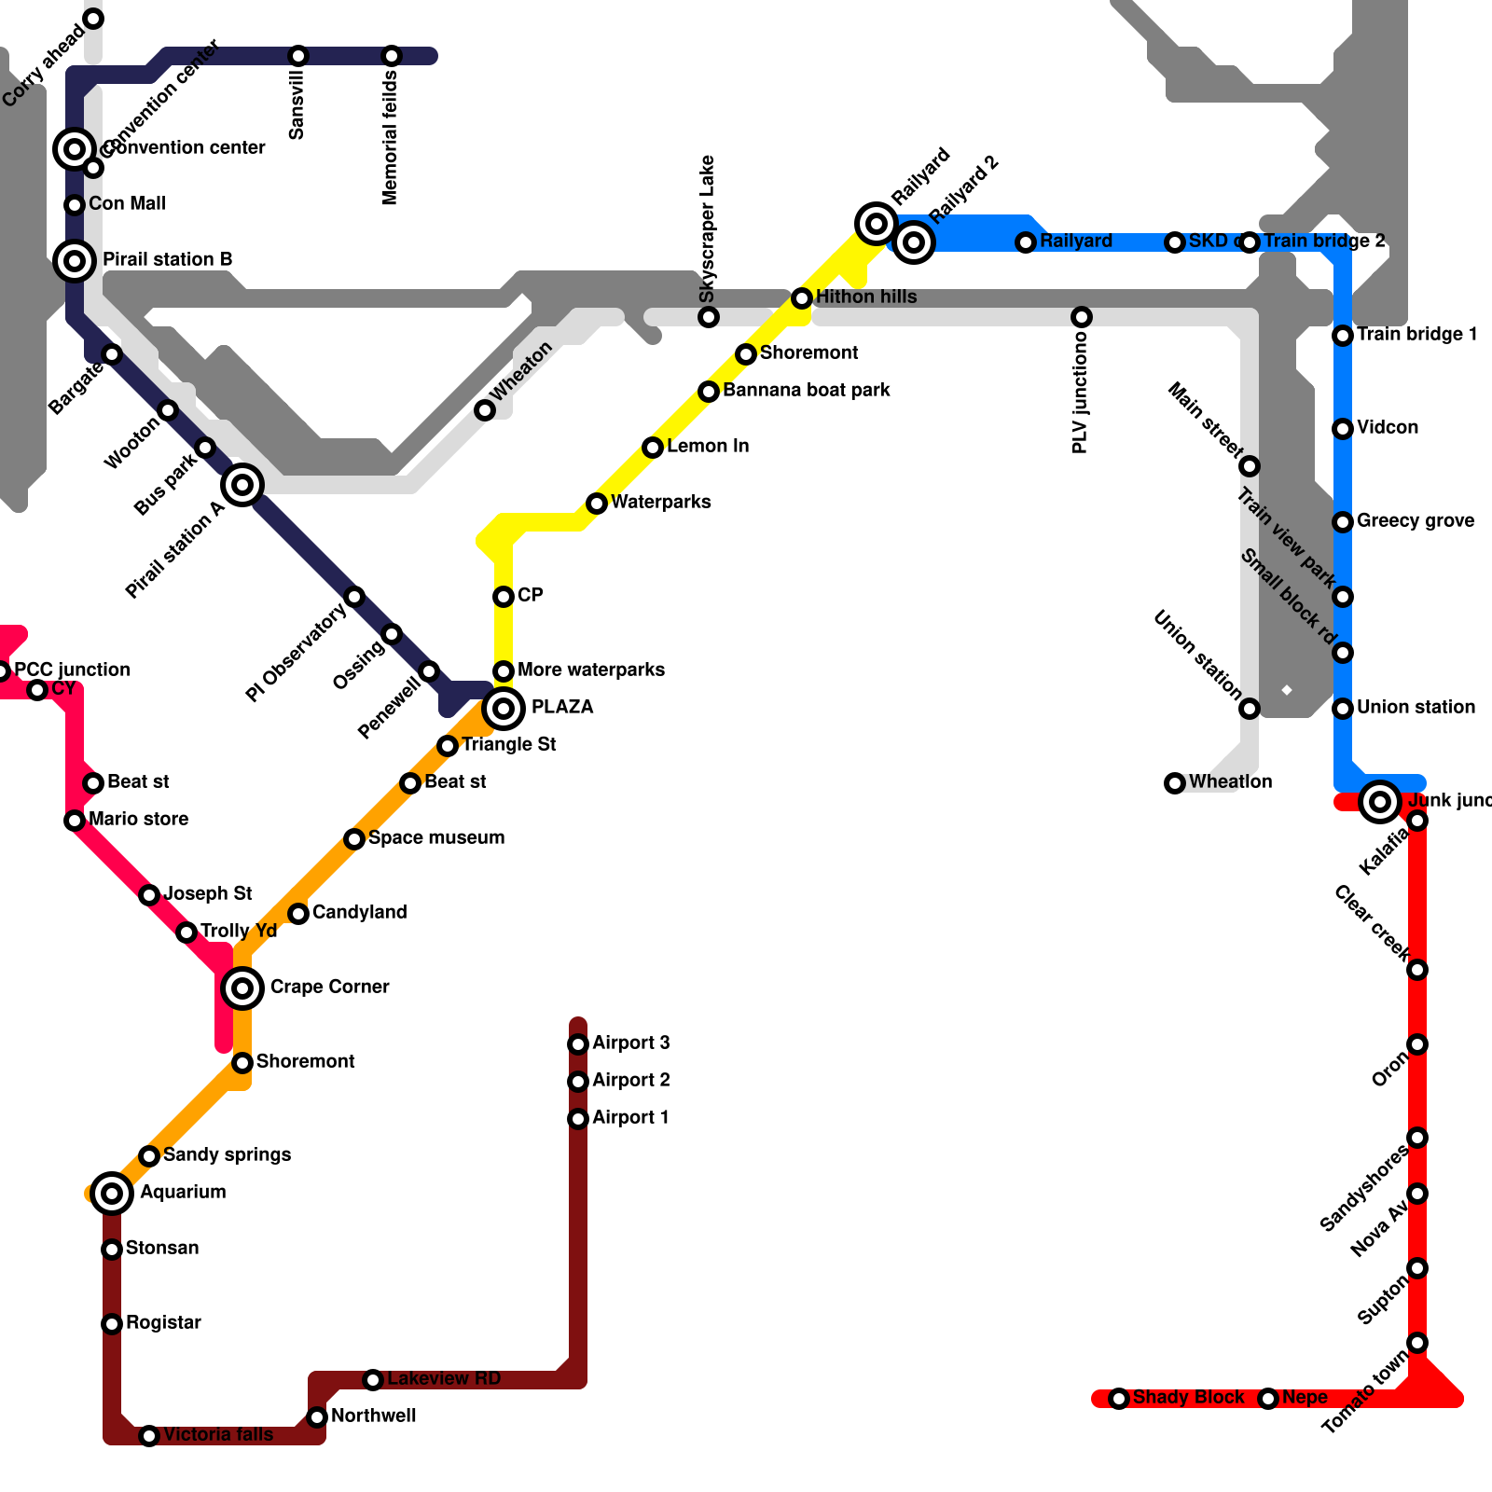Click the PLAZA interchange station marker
click(x=504, y=709)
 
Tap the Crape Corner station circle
click(x=242, y=988)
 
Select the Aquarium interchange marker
click(x=112, y=1193)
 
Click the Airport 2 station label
click(x=630, y=1080)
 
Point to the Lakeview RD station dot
click(x=373, y=1379)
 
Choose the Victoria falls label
click(x=218, y=1434)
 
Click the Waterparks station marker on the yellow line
click(x=597, y=504)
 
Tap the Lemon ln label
click(x=708, y=446)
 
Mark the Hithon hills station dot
click(x=802, y=298)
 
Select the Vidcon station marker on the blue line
click(x=1343, y=429)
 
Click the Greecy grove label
click(x=1416, y=520)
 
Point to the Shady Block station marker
click(x=1119, y=1399)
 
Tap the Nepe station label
click(x=1305, y=1397)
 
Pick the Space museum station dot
click(x=354, y=839)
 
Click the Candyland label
click(x=359, y=912)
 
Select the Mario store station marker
click(x=75, y=821)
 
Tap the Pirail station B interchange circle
click(x=75, y=260)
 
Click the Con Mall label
click(x=127, y=203)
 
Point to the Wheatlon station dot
click(x=1175, y=783)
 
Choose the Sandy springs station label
click(x=227, y=1154)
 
